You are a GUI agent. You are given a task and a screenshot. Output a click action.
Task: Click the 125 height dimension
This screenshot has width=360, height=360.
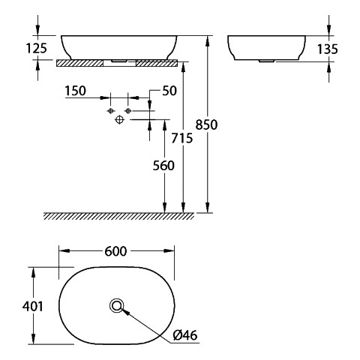pyautogui.click(x=37, y=48)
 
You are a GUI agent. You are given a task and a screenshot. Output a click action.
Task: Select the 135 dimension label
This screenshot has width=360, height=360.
pyautogui.click(x=328, y=49)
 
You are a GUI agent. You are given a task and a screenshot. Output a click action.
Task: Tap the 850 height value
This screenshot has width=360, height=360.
pyautogui.click(x=206, y=124)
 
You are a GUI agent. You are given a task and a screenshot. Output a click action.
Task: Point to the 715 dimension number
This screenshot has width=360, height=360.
pyautogui.click(x=182, y=138)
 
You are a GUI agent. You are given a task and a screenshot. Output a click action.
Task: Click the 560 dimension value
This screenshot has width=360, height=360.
pyautogui.click(x=163, y=166)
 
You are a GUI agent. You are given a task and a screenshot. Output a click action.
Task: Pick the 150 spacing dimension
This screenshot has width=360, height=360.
pyautogui.click(x=76, y=91)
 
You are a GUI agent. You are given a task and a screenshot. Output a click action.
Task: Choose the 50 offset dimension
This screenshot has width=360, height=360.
pyautogui.click(x=169, y=91)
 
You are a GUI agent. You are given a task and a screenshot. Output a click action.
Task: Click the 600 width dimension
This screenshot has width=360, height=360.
pyautogui.click(x=115, y=251)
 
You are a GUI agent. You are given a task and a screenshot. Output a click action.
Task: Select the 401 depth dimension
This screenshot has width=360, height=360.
pyautogui.click(x=33, y=306)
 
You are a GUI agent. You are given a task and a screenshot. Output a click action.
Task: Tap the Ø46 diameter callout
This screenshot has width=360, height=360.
pyautogui.click(x=185, y=335)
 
